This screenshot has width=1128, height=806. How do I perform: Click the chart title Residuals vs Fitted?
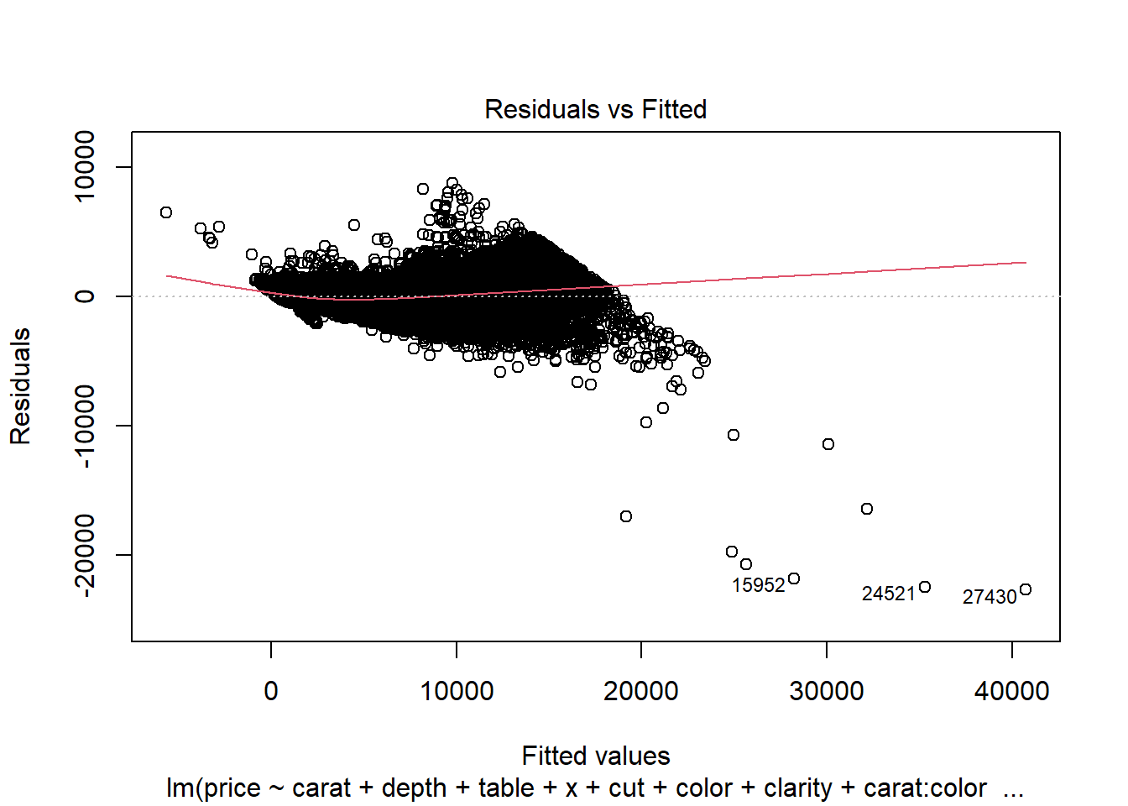pyautogui.click(x=595, y=109)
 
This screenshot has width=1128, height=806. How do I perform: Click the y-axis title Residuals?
pyautogui.click(x=20, y=385)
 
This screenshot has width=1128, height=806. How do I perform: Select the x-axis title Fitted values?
pyautogui.click(x=595, y=756)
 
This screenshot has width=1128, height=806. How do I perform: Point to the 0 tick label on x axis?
pyautogui.click(x=271, y=691)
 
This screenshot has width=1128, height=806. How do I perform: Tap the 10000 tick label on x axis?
pyautogui.click(x=457, y=691)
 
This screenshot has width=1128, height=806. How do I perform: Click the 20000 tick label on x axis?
pyautogui.click(x=641, y=691)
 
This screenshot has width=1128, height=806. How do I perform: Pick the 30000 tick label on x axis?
pyautogui.click(x=827, y=691)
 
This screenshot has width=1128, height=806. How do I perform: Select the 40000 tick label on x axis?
pyautogui.click(x=1011, y=691)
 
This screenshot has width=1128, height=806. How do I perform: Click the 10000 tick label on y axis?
pyautogui.click(x=85, y=166)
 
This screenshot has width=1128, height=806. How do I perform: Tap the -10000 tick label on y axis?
pyautogui.click(x=85, y=426)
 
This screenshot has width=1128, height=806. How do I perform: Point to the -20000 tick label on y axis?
pyautogui.click(x=85, y=555)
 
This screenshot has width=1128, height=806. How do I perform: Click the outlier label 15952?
pyautogui.click(x=758, y=585)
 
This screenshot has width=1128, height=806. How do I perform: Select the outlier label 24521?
pyautogui.click(x=888, y=594)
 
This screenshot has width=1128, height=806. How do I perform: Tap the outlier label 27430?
pyautogui.click(x=989, y=597)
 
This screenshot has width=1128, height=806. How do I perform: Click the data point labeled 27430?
pyautogui.click(x=1025, y=589)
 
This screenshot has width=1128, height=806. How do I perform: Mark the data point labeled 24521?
pyautogui.click(x=925, y=587)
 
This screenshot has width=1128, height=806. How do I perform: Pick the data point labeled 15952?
pyautogui.click(x=794, y=578)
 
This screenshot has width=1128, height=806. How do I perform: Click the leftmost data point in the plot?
pyautogui.click(x=166, y=212)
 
